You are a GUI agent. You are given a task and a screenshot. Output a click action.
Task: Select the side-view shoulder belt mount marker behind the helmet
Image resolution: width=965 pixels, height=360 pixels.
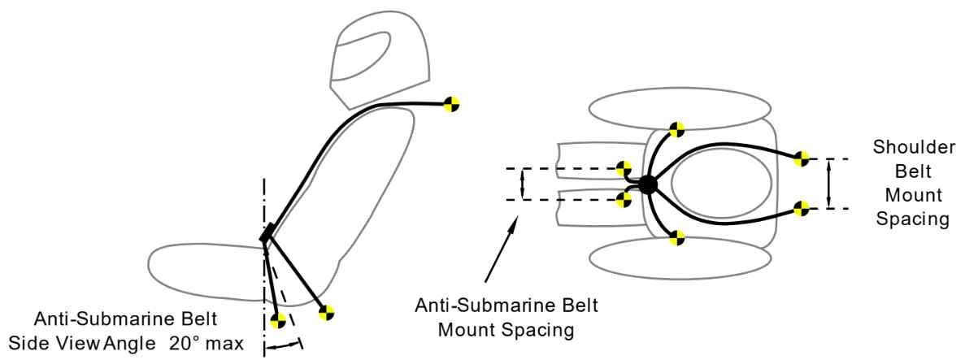tap(452, 103)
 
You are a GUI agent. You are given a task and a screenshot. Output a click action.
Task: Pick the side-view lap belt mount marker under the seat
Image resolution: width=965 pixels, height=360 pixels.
tap(327, 310)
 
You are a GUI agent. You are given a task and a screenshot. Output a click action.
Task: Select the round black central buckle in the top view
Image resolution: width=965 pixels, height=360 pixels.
tap(647, 184)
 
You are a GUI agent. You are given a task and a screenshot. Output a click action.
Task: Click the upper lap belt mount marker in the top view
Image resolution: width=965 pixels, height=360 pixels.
tap(676, 128)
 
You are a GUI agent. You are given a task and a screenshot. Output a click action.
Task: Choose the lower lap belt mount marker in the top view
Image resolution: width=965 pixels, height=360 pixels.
tap(676, 238)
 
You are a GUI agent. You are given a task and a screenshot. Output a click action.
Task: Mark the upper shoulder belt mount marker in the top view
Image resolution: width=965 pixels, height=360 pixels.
tap(802, 158)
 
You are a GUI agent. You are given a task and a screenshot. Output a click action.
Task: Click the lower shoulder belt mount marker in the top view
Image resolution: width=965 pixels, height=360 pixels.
tap(802, 209)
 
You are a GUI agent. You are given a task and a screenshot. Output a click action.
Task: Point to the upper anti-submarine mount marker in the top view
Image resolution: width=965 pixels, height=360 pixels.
tap(624, 169)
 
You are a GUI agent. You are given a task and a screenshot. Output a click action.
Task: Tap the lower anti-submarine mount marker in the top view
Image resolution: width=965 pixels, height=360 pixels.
tap(624, 199)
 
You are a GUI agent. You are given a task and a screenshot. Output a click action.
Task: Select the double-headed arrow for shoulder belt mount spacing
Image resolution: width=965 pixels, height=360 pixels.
tap(828, 184)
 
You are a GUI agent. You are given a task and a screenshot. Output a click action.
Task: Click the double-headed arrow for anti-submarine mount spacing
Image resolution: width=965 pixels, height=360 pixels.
tap(523, 184)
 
